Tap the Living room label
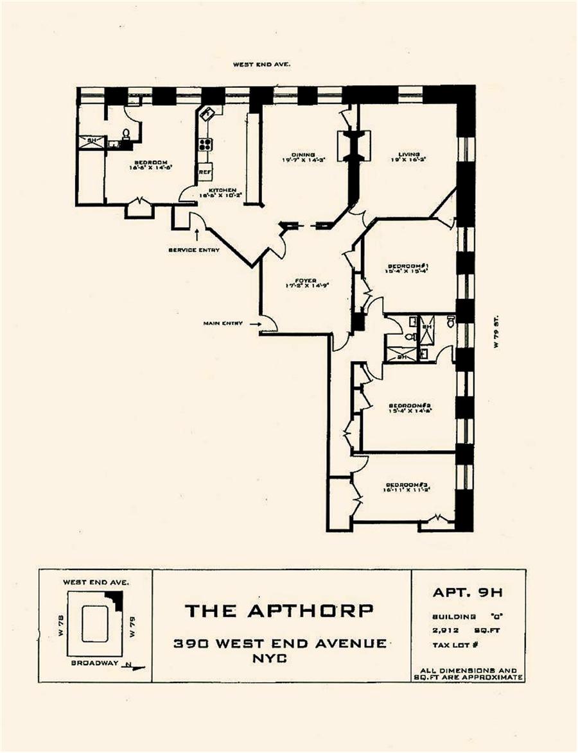click(408, 155)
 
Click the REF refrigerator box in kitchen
click(204, 172)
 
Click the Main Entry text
click(223, 323)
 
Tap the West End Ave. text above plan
click(262, 64)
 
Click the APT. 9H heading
click(468, 593)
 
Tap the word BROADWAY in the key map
click(94, 663)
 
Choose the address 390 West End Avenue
click(280, 643)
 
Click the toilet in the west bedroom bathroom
click(127, 134)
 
